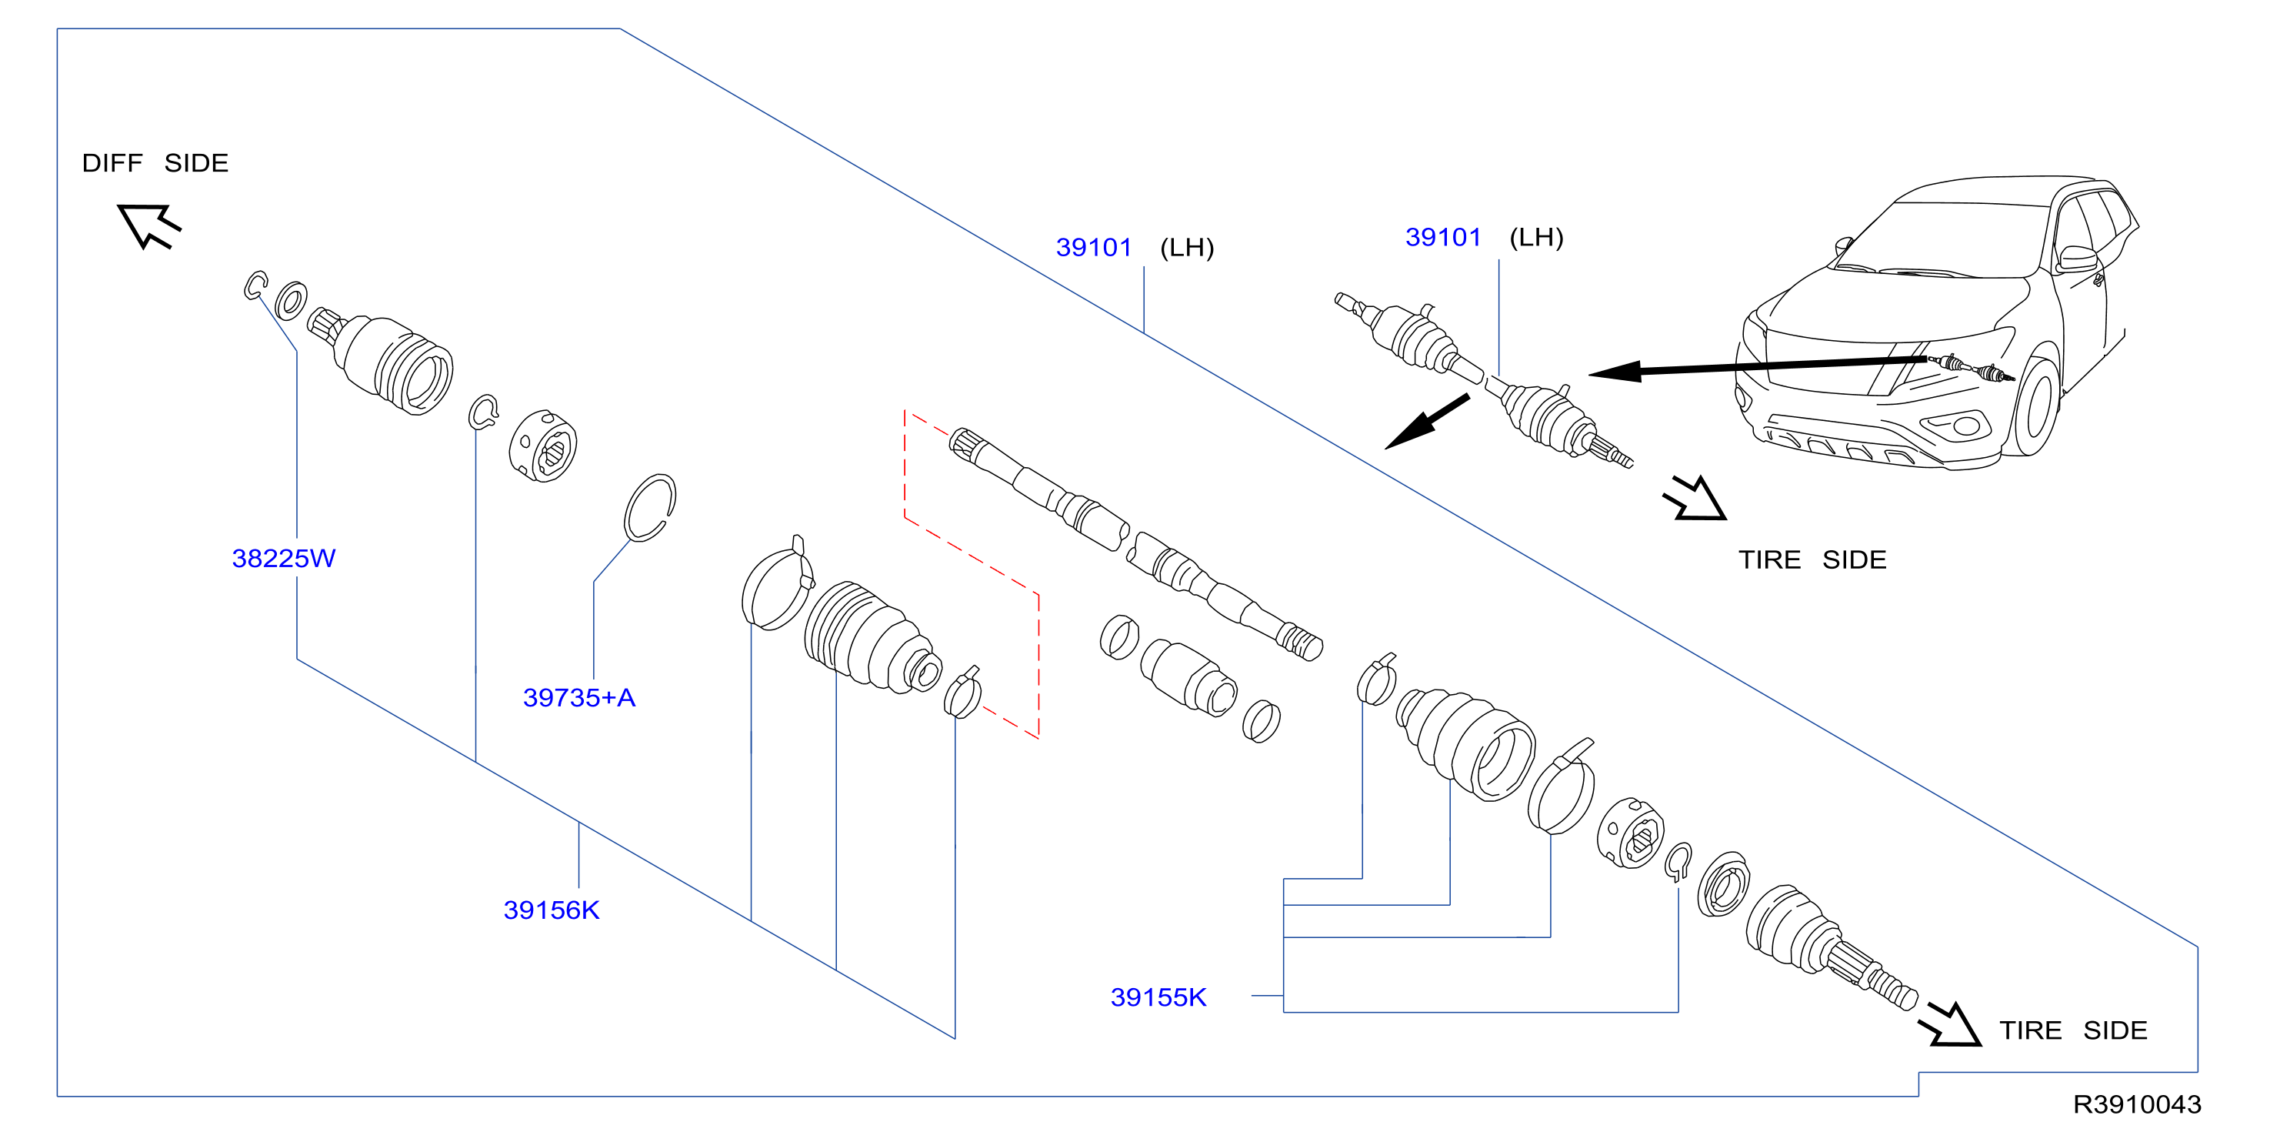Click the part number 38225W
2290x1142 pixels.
[284, 559]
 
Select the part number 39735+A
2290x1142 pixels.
[578, 697]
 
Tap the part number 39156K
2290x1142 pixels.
[552, 910]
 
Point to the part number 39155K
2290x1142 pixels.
[1158, 997]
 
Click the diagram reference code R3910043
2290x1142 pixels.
[2137, 1104]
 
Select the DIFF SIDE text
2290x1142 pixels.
[155, 163]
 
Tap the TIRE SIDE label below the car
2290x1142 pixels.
[1812, 559]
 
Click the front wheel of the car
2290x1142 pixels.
[2035, 406]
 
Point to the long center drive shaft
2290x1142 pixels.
[1135, 543]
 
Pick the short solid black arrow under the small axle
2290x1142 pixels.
[1427, 422]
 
